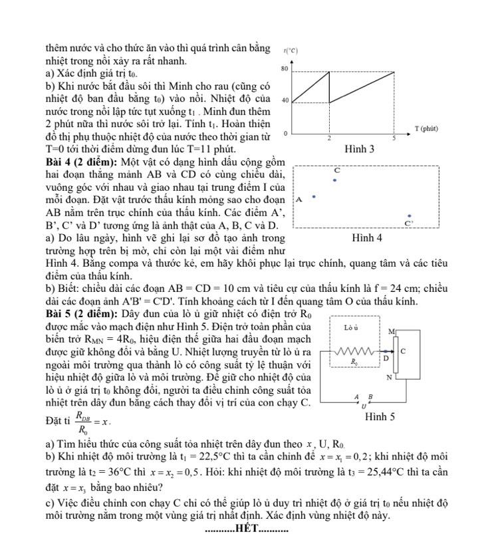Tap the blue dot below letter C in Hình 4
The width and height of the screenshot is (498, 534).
[335, 180]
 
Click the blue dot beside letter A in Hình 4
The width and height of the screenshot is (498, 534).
[313, 197]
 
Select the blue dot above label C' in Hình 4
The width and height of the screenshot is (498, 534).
[410, 216]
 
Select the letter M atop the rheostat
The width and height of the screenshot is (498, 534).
[390, 331]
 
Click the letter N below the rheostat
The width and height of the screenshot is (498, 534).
[390, 377]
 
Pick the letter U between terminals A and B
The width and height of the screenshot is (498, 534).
[363, 405]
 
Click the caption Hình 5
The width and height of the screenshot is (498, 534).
[380, 417]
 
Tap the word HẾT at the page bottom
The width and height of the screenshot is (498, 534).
[247, 527]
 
